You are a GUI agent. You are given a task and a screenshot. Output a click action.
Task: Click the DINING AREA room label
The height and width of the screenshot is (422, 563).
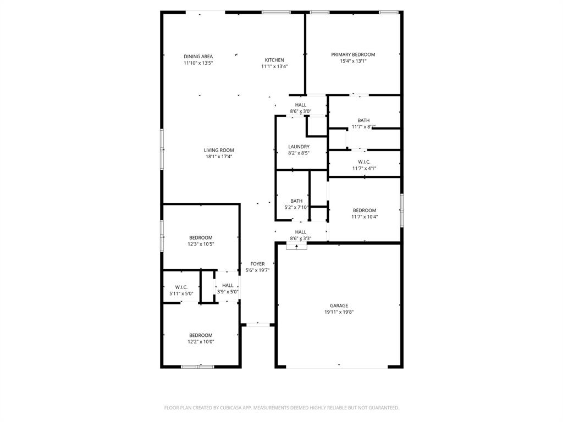pos(198,56)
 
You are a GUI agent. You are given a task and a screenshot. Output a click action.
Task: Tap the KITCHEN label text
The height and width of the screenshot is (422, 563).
pos(274,60)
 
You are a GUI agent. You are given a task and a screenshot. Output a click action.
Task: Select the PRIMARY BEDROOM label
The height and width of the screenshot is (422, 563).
pos(353,54)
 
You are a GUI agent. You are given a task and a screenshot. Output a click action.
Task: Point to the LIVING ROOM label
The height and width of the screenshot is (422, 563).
pos(219,150)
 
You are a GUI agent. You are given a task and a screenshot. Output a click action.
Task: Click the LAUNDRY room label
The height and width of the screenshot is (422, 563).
pos(299,147)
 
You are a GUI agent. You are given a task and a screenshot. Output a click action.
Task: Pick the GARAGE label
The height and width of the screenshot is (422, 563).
pos(339,306)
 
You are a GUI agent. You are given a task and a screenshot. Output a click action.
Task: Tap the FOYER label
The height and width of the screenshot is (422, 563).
pos(257,264)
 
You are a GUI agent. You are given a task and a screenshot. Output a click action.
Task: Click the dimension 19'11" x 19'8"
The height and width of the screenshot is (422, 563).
pos(339,312)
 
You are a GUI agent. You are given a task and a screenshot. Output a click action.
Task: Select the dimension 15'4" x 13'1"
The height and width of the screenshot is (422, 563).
pos(353,61)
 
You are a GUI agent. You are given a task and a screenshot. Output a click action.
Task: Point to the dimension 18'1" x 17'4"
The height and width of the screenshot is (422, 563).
pos(219,157)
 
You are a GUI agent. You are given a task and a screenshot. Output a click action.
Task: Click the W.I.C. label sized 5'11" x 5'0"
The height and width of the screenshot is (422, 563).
pos(181,287)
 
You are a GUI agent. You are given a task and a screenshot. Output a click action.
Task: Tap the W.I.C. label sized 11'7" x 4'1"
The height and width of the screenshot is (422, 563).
pos(364,162)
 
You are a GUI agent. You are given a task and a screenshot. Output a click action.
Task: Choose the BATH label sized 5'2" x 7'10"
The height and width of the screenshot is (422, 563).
pos(296,201)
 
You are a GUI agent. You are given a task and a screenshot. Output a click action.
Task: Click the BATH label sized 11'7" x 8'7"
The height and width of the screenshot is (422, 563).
pos(363,120)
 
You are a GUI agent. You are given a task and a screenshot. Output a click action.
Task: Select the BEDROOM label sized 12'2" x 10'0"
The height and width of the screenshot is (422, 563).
pos(201,335)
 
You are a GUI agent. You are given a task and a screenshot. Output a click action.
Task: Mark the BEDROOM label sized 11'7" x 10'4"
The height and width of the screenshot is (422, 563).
pos(365,210)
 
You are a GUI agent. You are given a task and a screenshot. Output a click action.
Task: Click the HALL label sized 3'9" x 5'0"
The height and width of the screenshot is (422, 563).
pos(228,285)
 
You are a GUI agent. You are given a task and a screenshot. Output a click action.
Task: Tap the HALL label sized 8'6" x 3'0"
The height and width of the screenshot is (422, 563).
pos(301,105)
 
